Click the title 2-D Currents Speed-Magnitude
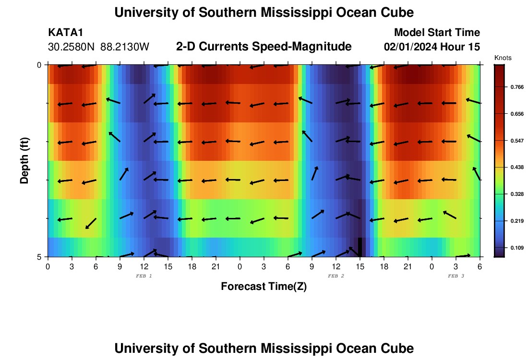click(x=264, y=47)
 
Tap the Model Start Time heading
click(x=437, y=33)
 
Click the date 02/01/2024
click(x=409, y=47)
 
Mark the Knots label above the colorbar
click(x=503, y=58)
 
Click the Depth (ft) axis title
click(x=25, y=161)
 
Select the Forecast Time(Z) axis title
click(x=264, y=287)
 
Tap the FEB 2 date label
click(x=336, y=276)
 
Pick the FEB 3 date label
click(x=456, y=276)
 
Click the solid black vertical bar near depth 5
click(x=360, y=247)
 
